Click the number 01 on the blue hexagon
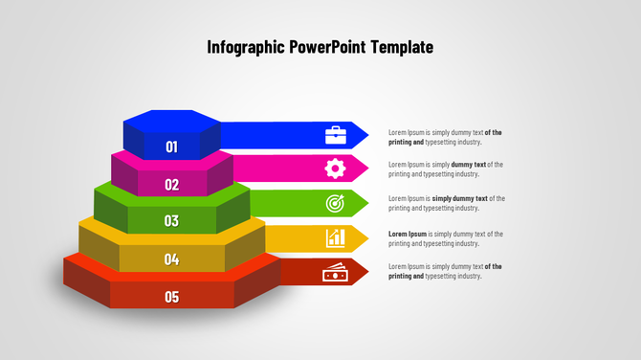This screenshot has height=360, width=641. [x=172, y=146]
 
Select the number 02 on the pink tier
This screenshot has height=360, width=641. [x=172, y=184]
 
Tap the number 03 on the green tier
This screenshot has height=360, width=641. [x=171, y=220]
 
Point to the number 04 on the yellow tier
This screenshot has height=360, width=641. [x=171, y=259]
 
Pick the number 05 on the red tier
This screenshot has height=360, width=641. [x=171, y=296]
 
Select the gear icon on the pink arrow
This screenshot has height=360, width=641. [x=335, y=169]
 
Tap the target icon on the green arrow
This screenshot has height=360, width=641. [x=335, y=203]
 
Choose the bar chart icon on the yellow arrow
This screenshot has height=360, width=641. [x=335, y=237]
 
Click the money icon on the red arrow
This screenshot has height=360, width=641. [x=335, y=274]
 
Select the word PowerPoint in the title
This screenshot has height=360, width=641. [x=336, y=47]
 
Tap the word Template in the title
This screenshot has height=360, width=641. [x=404, y=47]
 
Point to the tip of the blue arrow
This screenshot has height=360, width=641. [x=367, y=134]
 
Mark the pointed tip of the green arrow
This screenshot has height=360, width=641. [x=367, y=203]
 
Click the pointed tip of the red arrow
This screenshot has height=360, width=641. [x=367, y=272]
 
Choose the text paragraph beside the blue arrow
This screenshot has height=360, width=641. [x=445, y=136]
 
